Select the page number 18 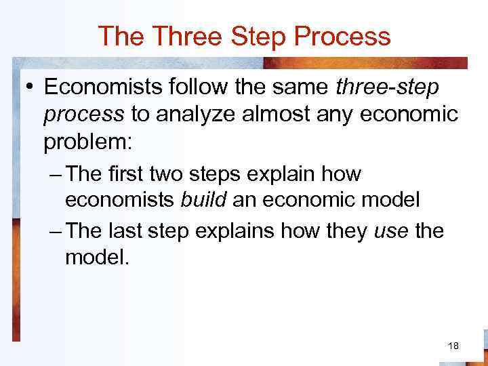click(453, 346)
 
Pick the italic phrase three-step click(386, 88)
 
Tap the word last click(123, 231)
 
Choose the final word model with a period click(96, 257)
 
